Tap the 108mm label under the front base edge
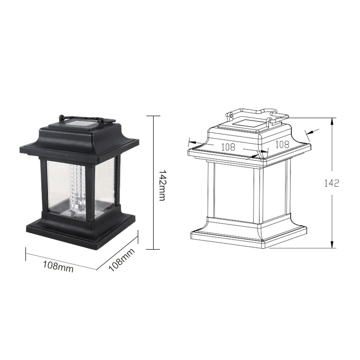[x=58, y=266]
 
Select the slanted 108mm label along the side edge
[x=121, y=260]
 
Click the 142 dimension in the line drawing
[x=332, y=183]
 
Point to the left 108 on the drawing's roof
[x=228, y=147]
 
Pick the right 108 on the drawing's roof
[x=282, y=144]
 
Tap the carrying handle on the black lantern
[x=87, y=119]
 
